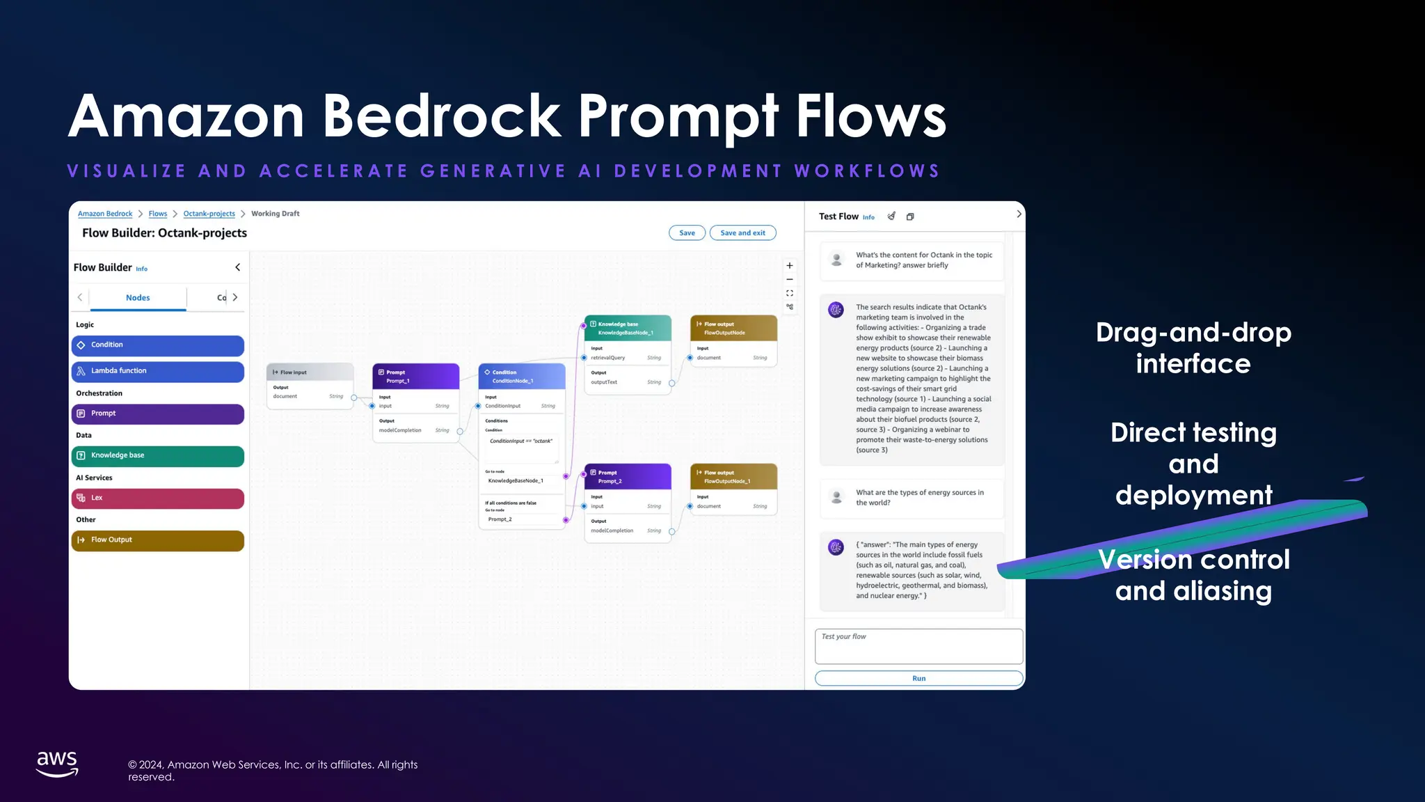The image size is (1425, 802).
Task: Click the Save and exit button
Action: [x=742, y=233]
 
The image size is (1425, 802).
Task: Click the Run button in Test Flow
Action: [x=918, y=678]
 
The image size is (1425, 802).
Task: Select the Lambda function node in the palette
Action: [x=158, y=371]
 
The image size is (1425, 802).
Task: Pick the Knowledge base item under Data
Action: [x=158, y=455]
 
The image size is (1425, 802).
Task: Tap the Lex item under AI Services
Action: [x=158, y=498]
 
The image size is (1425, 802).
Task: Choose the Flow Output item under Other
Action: [x=158, y=540]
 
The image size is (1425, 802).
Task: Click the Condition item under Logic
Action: [x=158, y=345]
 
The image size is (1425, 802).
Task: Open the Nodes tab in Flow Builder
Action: [x=138, y=298]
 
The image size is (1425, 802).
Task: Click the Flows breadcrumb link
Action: [x=158, y=214]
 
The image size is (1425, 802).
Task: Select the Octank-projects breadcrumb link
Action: [x=209, y=214]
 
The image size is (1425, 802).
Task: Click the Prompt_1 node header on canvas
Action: [x=416, y=377]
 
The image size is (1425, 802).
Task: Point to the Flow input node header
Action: [x=310, y=372]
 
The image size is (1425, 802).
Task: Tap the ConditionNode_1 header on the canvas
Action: [x=522, y=377]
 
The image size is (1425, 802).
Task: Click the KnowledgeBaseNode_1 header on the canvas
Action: [x=628, y=329]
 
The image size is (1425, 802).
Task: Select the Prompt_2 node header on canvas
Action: [x=628, y=477]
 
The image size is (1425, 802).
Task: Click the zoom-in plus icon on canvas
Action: [x=790, y=266]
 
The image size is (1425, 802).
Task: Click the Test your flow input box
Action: [x=918, y=646]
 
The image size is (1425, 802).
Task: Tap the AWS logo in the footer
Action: [x=57, y=764]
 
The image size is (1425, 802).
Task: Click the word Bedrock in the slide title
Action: [x=442, y=116]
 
